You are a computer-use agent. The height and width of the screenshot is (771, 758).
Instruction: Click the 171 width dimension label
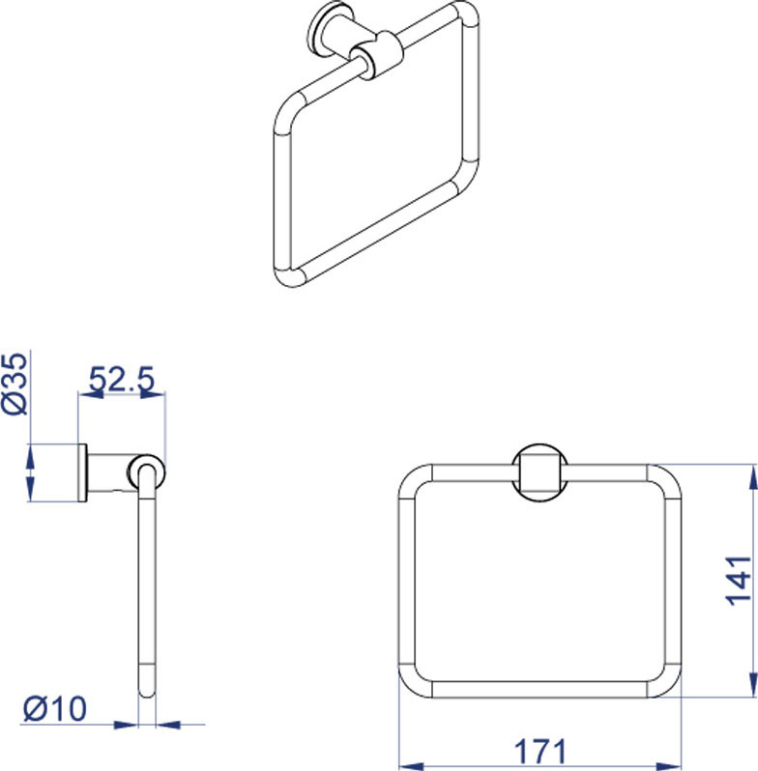[x=539, y=751]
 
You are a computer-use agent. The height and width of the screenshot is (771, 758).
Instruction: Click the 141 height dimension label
[x=739, y=581]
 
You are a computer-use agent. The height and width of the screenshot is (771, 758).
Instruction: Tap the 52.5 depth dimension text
[x=122, y=379]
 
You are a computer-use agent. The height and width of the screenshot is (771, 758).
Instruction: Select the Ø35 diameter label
[x=15, y=384]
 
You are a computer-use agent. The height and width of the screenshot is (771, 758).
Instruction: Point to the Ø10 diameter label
[x=55, y=708]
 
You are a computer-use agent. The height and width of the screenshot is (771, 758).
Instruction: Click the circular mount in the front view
[x=539, y=473]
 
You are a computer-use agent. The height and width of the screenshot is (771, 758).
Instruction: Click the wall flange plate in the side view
[x=82, y=473]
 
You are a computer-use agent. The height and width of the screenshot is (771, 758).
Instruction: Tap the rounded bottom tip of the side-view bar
[x=147, y=693]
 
